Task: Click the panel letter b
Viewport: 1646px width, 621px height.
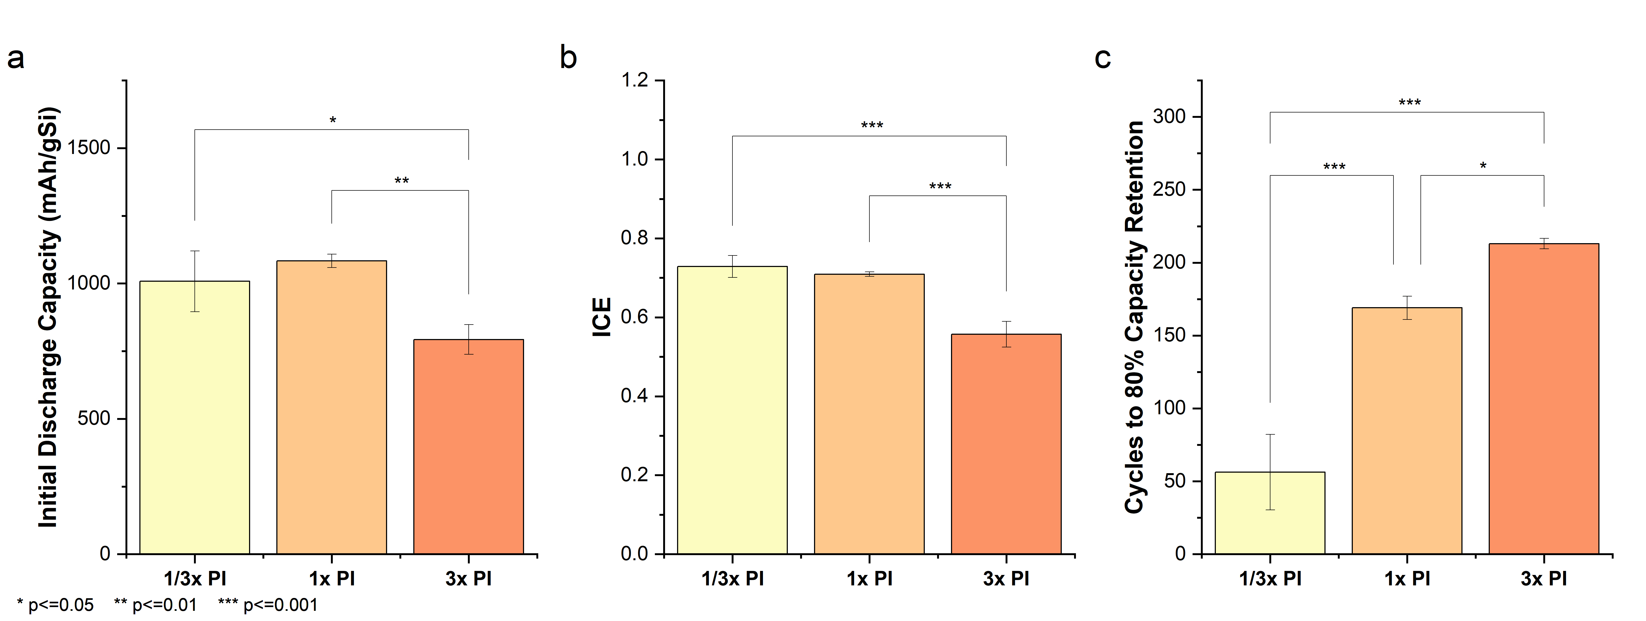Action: [x=568, y=58]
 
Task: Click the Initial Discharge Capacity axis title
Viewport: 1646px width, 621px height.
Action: [x=49, y=317]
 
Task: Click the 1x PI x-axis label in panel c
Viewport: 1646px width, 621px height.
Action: [x=1407, y=579]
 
